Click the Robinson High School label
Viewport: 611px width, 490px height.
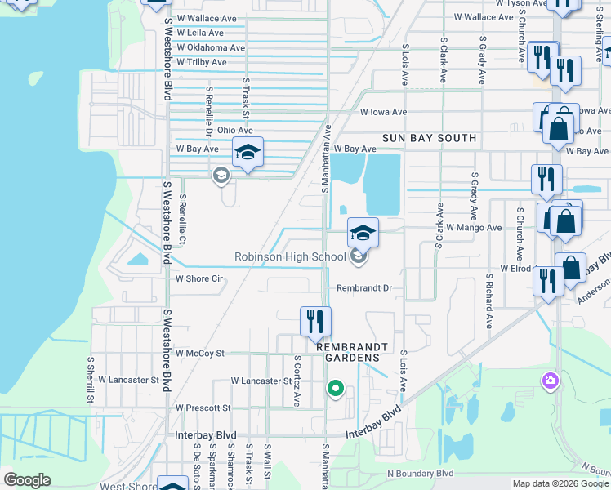tap(290, 257)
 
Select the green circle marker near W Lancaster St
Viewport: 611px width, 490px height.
tap(334, 389)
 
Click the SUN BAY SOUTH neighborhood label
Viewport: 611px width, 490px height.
tap(430, 138)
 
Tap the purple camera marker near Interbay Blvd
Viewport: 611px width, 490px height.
tap(551, 381)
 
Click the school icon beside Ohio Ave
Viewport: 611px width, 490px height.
tap(248, 153)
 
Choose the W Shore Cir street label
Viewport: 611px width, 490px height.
tap(199, 278)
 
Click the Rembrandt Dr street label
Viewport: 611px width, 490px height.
tap(365, 288)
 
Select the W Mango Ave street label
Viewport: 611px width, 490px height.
tap(474, 228)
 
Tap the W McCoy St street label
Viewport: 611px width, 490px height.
tap(199, 354)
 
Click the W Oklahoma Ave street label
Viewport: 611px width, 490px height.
tap(211, 47)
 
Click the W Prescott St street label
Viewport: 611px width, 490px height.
tap(203, 408)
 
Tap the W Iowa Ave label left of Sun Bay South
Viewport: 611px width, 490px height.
tap(383, 113)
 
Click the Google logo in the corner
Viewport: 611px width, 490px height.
tap(27, 480)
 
